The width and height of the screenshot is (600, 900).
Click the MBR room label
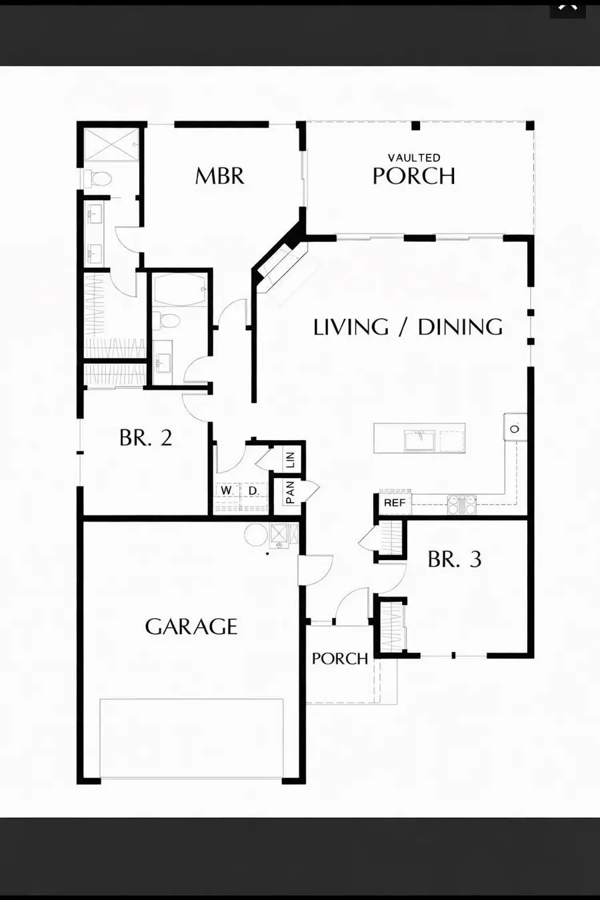coord(219,176)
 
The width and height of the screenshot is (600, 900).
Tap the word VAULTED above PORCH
coord(414,158)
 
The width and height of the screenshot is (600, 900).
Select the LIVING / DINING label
coord(408,327)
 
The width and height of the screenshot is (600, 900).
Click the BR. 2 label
coord(145,438)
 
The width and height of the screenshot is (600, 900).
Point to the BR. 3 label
coord(454,559)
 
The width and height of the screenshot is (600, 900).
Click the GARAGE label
coord(191,627)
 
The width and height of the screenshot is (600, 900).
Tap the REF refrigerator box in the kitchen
coord(395,503)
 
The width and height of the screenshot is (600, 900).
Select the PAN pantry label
coord(290,493)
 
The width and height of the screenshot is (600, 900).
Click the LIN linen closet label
coord(290,459)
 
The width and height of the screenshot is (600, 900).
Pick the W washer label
coord(227,491)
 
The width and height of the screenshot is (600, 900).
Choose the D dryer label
coord(253,491)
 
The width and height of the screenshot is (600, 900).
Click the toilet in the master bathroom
coord(99,179)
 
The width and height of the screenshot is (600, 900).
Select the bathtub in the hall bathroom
coord(180,290)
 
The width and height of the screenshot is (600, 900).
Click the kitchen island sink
coord(419,439)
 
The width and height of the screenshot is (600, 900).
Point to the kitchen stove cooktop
coord(461,505)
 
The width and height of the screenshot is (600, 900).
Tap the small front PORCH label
coord(339,659)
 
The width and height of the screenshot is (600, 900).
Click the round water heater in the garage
coord(255,535)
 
